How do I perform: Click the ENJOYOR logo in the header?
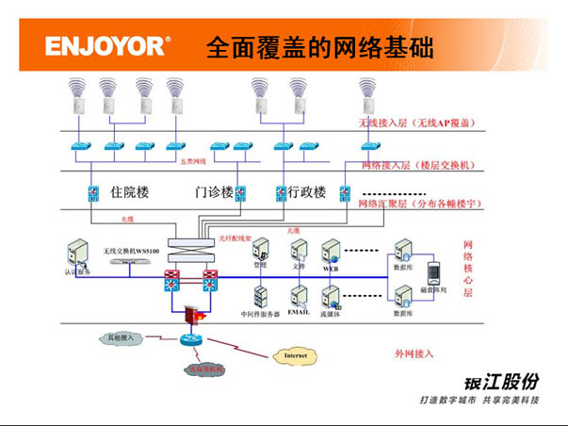tap(107, 45)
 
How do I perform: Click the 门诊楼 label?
tap(213, 193)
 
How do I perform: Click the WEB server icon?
tap(331, 251)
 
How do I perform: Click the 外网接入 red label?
tap(414, 353)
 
